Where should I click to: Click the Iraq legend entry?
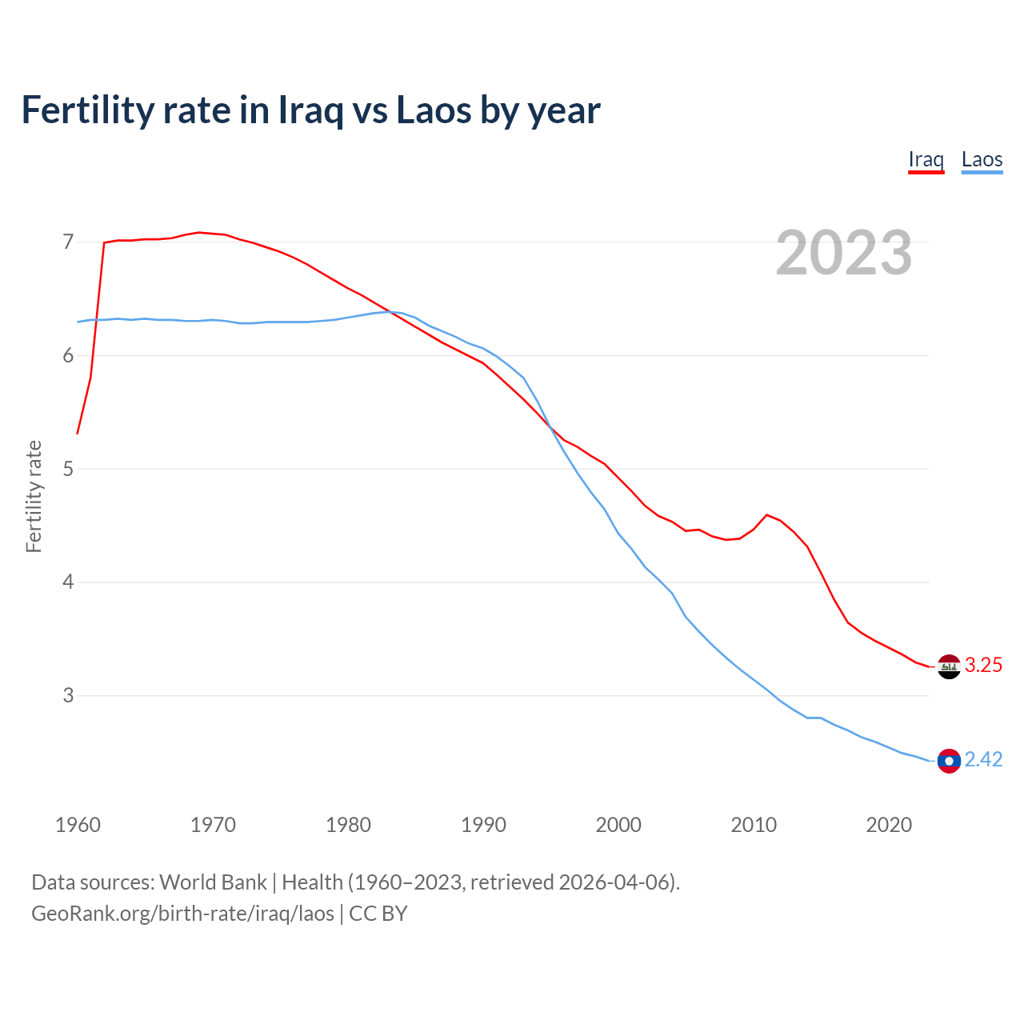coord(926,159)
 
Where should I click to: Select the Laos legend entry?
coord(982,159)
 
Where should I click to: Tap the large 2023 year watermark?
coord(843,253)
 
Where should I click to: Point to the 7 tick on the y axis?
coord(68,242)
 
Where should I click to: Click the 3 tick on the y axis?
coord(68,695)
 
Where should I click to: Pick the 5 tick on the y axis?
coord(68,469)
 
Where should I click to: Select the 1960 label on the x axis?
coord(78,825)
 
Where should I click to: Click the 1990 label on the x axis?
coord(483,825)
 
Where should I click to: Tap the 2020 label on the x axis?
coord(889,825)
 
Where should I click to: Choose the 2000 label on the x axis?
coord(618,825)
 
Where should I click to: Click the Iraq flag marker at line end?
coord(949,666)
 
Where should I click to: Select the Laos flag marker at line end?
coord(949,761)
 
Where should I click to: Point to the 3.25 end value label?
coord(983,666)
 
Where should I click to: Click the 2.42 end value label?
coord(983,760)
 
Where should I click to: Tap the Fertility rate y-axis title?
coord(34,496)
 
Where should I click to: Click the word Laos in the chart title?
coord(434,110)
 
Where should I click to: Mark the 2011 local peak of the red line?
coord(767,514)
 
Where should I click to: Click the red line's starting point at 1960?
coord(78,434)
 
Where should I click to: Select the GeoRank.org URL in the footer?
coord(182,914)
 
